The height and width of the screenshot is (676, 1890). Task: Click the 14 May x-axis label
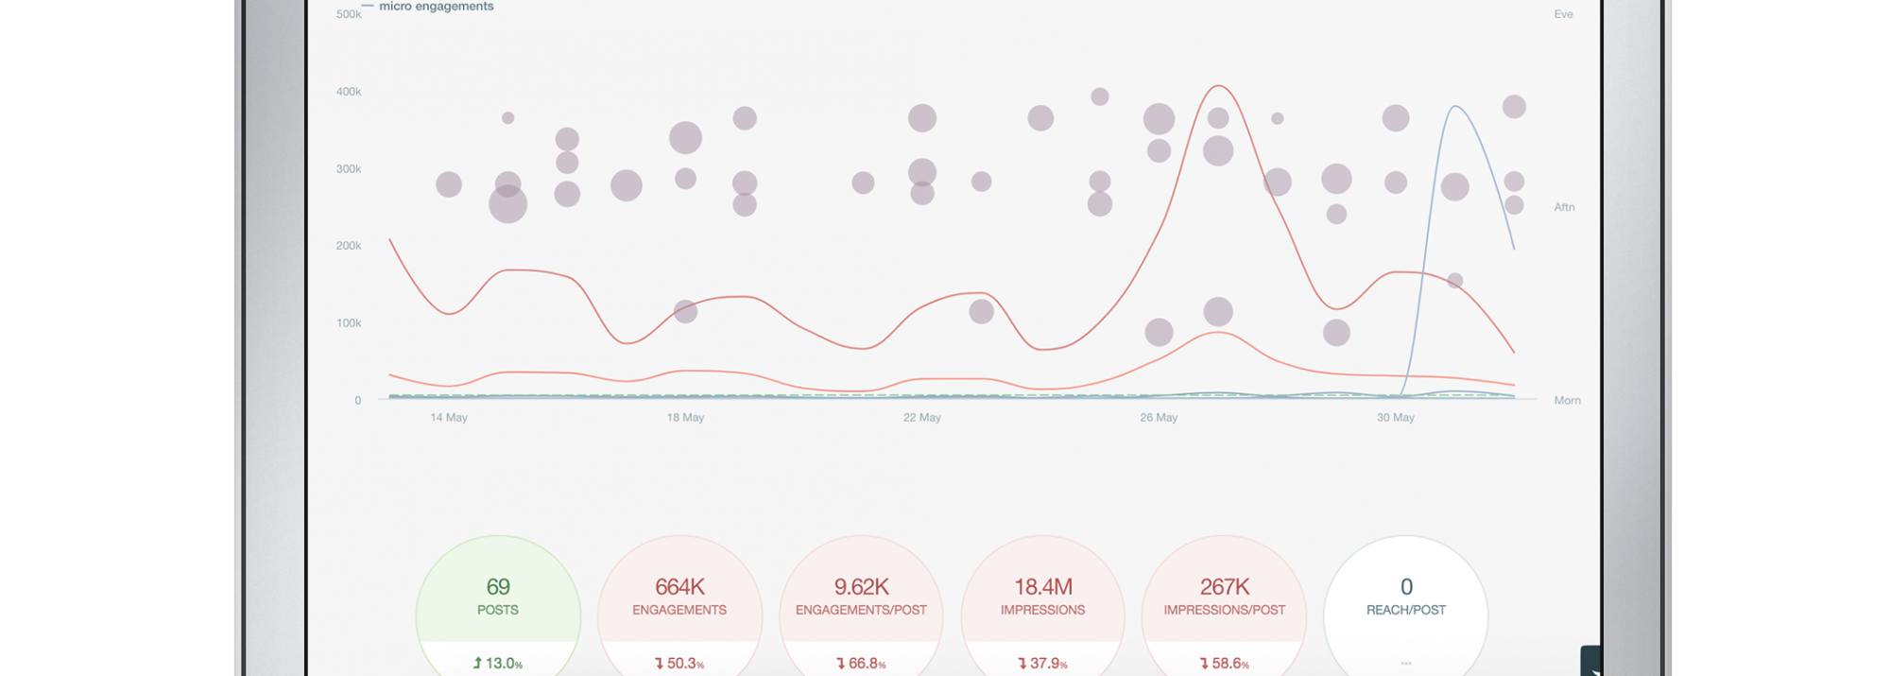449,418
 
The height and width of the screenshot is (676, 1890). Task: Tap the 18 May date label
685,418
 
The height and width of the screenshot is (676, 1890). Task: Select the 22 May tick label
922,418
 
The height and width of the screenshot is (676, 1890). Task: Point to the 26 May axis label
1159,418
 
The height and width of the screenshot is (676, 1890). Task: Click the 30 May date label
1396,418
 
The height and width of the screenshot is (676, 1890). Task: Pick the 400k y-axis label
349,92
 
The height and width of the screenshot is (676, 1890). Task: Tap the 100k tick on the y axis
349,323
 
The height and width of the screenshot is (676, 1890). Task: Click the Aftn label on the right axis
1565,207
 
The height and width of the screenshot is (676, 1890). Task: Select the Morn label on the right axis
1568,401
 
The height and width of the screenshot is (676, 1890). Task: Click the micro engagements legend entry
436,7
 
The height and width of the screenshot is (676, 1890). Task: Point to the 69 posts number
498,587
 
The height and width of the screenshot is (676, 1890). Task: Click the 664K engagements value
679,587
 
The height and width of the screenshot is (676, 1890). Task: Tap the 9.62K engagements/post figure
861,587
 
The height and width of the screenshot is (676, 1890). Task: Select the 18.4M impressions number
1042,587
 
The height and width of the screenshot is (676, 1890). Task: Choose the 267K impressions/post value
1225,587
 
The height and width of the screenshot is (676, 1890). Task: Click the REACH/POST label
1406,611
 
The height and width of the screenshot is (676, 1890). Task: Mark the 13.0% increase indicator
498,664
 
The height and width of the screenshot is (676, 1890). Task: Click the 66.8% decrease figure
861,664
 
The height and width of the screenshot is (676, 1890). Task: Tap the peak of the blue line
1455,107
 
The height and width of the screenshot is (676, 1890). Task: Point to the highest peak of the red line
1219,86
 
